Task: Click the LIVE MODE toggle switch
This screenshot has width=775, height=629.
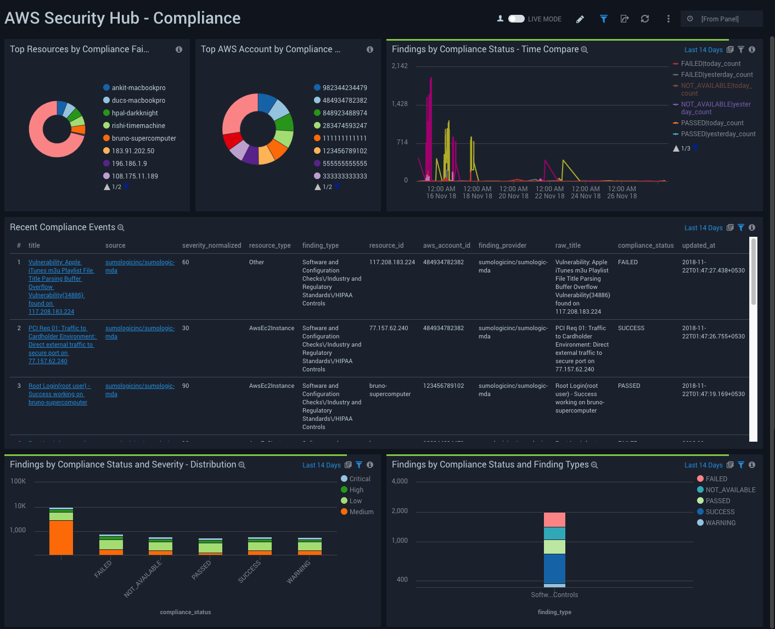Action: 516,19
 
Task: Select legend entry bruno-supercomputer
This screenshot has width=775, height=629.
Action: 144,138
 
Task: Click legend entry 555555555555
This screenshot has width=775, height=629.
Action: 345,164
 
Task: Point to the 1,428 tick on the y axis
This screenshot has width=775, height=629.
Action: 400,104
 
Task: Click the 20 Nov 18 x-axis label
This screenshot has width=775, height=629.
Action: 513,196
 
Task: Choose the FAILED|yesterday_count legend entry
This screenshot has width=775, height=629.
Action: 716,75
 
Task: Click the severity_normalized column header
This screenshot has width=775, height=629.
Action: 211,246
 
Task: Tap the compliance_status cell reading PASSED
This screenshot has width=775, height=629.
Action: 629,386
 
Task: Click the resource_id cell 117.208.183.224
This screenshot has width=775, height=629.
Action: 392,262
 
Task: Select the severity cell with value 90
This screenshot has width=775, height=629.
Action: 186,386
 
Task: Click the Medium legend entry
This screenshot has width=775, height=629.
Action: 361,512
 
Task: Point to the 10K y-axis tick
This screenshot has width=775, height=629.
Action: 20,506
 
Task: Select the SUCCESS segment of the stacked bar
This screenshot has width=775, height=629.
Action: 554,569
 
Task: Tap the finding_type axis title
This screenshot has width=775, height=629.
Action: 554,612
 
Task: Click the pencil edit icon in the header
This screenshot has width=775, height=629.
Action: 580,19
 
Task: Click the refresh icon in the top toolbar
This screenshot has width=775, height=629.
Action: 645,19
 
